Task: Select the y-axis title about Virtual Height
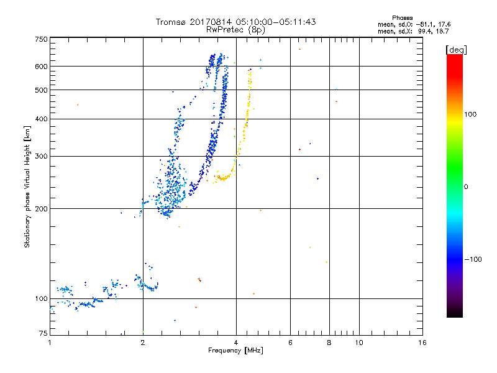(x=27, y=186)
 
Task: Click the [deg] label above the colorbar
(x=457, y=49)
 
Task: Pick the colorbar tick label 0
(x=465, y=186)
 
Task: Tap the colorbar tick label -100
(x=472, y=259)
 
